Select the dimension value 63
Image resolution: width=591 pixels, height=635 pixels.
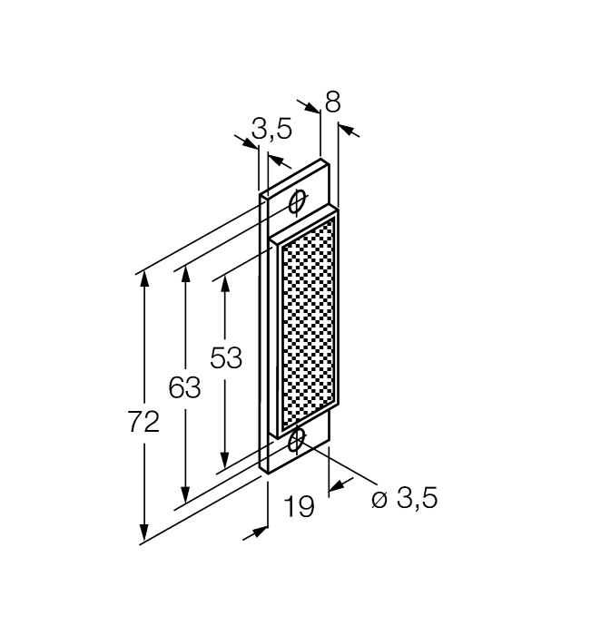pos(184,388)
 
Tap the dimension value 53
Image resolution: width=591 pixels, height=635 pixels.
pos(226,358)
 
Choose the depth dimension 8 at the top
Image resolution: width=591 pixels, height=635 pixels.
pos(332,103)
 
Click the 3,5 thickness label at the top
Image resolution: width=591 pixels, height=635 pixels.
pos(271,130)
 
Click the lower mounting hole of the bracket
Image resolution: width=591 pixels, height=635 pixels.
pos(296,441)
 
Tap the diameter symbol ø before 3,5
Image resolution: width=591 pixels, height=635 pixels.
pos(380,499)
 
